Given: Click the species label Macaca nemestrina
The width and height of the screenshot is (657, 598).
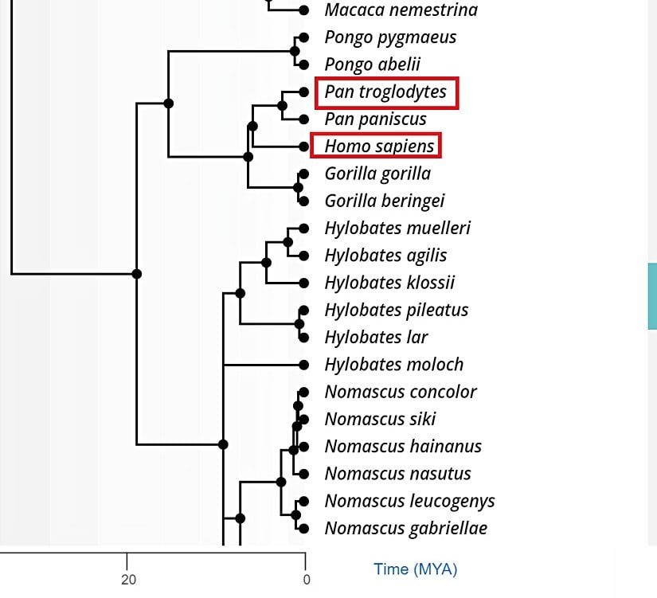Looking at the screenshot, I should click(401, 10).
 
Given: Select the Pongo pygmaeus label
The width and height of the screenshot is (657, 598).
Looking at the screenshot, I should click(389, 37).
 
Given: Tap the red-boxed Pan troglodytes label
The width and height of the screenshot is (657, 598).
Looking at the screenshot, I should click(386, 92).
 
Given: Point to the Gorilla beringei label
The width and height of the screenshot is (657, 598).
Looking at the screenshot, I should click(384, 201).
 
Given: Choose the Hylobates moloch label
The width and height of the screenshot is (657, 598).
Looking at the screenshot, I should click(393, 365).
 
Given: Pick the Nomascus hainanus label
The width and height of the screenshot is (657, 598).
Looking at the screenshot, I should click(403, 447).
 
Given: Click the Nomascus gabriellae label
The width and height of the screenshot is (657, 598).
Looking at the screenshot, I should click(405, 528).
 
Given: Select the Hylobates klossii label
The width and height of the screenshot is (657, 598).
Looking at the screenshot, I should click(389, 283).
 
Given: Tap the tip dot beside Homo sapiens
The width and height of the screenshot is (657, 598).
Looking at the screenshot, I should click(303, 147).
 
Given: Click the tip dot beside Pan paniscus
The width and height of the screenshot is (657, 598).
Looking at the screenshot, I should click(303, 119).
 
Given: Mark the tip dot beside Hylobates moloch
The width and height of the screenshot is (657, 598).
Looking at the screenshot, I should click(303, 365).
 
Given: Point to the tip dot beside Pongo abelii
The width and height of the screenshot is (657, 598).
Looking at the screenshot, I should click(303, 64).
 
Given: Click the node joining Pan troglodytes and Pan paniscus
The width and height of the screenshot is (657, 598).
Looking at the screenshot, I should click(283, 105).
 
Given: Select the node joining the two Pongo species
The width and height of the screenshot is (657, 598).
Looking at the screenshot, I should click(296, 51).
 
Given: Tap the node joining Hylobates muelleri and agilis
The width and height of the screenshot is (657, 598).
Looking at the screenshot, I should click(288, 242).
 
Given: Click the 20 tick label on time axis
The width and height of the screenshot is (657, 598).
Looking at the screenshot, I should click(128, 580).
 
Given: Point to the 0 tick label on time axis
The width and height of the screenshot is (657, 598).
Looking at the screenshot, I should click(306, 580).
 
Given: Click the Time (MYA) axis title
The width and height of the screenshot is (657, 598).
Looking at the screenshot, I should click(415, 569).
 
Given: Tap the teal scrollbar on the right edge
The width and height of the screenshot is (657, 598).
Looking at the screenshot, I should click(652, 296).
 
